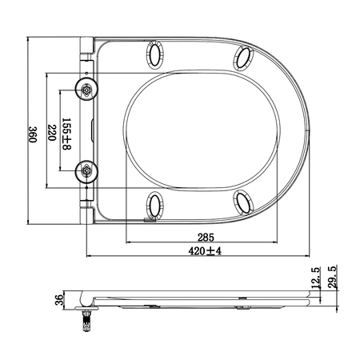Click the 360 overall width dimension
click(x=33, y=134)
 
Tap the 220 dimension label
click(x=51, y=133)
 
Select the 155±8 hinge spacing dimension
click(x=66, y=134)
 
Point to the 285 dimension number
click(x=206, y=237)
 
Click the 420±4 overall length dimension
click(x=205, y=251)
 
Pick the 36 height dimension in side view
click(x=59, y=300)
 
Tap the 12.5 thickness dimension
click(x=316, y=278)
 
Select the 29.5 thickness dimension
click(x=332, y=277)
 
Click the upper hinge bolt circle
click(x=86, y=90)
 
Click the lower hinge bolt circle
click(x=86, y=172)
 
